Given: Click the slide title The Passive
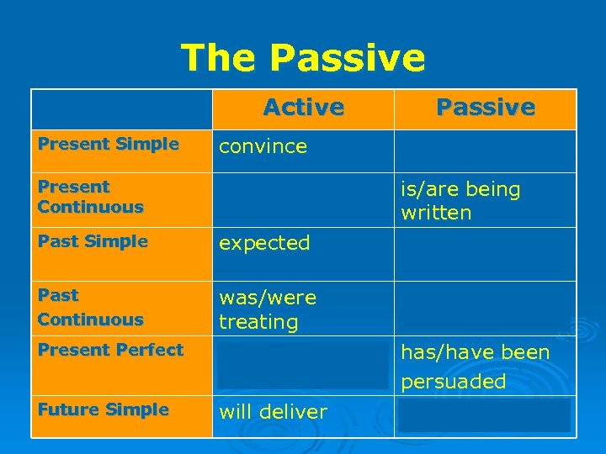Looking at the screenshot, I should click(x=303, y=57).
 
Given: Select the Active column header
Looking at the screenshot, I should click(x=303, y=108).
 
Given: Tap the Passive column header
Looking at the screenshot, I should click(x=485, y=108).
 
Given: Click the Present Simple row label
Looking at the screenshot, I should click(x=108, y=144).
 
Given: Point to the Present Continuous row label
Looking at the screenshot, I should click(x=91, y=196).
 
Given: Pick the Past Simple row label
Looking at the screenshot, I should click(x=93, y=241).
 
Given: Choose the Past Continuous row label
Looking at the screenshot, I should click(x=91, y=307).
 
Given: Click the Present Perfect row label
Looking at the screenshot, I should click(x=110, y=350).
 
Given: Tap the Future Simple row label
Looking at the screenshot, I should click(x=103, y=409).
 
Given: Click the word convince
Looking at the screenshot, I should click(x=263, y=146).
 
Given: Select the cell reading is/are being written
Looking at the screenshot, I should click(x=460, y=201).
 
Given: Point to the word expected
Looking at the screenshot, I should click(x=264, y=243).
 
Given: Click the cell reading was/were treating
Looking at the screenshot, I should click(x=268, y=309).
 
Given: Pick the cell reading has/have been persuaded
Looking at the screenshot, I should click(x=475, y=367).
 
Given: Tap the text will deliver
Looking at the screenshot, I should click(x=273, y=412).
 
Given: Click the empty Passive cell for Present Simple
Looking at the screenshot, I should click(x=485, y=151).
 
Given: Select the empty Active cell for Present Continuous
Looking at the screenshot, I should click(x=303, y=200).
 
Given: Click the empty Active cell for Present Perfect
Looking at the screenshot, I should click(x=303, y=366).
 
